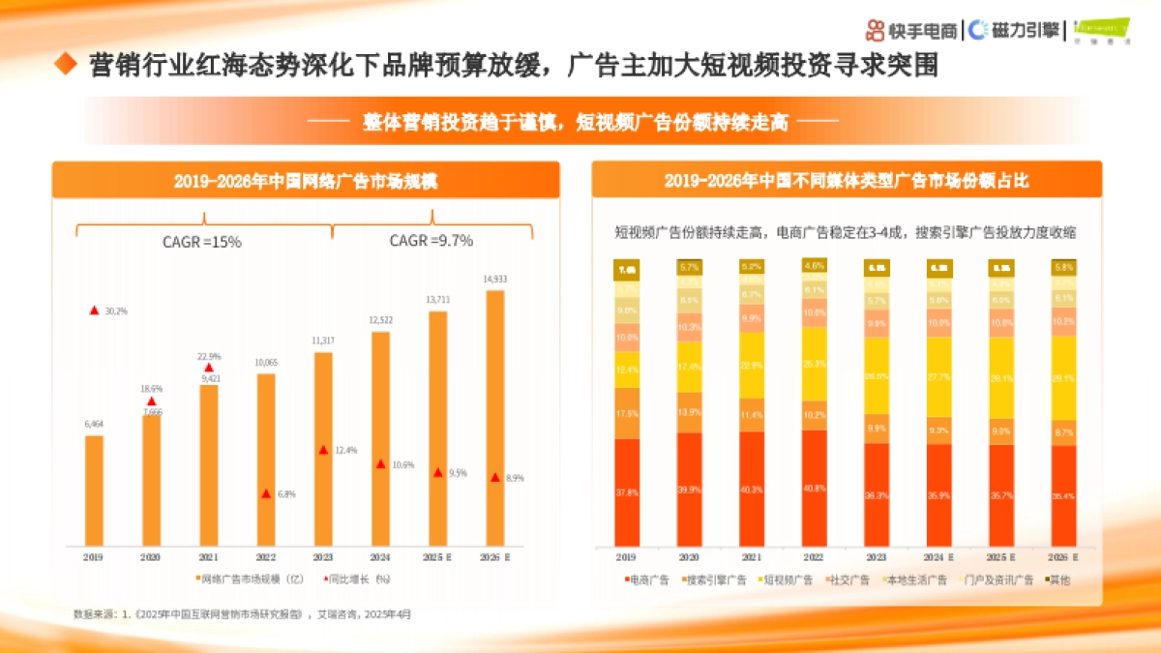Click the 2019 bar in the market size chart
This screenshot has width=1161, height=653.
(94, 490)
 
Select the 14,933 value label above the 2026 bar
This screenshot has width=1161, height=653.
(495, 279)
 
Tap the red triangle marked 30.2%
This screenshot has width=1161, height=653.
(94, 311)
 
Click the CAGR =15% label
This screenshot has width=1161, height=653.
(201, 242)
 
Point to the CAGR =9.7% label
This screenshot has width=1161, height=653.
(432, 241)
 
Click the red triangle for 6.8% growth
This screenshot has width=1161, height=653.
(266, 493)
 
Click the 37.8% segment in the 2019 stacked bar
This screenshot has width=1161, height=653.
(627, 491)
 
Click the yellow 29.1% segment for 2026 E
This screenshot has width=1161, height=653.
(1063, 377)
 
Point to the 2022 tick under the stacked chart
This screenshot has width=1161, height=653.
(815, 558)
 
